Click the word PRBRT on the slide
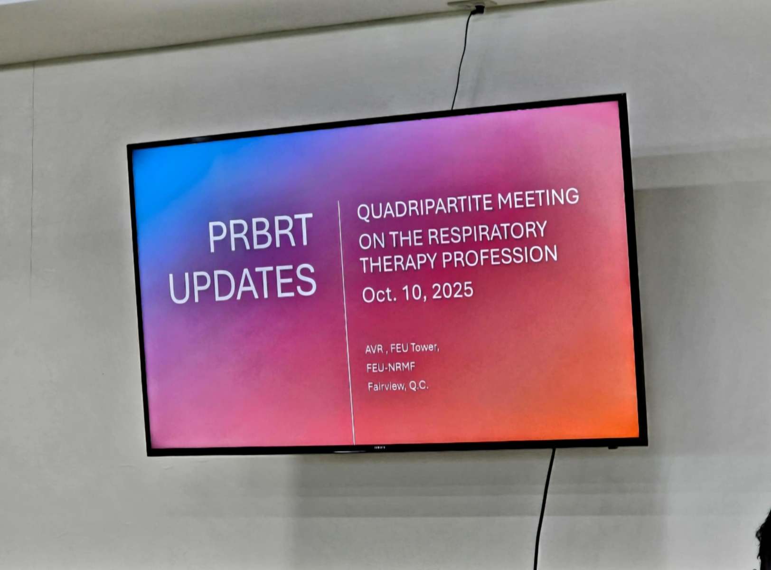tap(260, 232)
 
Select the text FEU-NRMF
tap(391, 368)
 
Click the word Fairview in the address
tap(386, 387)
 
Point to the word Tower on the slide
tap(425, 347)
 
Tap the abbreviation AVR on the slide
tap(374, 349)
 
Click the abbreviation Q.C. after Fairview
tap(419, 386)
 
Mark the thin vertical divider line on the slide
tap(347, 323)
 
